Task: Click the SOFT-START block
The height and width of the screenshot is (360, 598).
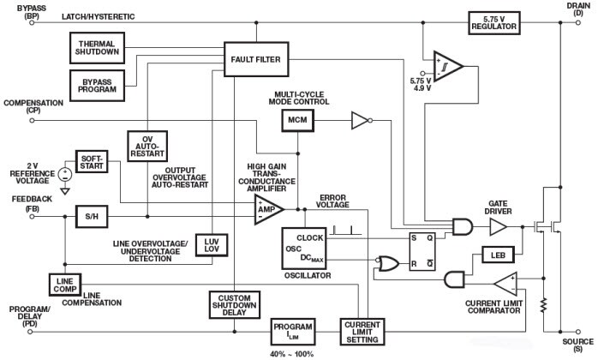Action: [x=92, y=162]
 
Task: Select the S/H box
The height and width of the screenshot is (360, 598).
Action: [x=91, y=217]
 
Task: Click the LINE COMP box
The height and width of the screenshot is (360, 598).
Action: [x=65, y=284]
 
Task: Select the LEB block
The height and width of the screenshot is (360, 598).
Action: [x=496, y=255]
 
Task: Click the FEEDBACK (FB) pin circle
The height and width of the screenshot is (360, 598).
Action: [x=33, y=217]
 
